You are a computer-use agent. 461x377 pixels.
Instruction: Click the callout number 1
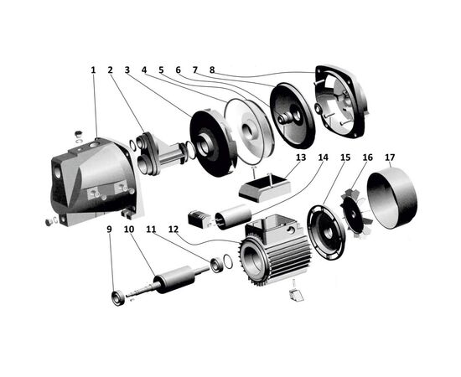pos(93,70)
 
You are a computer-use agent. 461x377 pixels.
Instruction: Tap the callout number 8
pos(212,70)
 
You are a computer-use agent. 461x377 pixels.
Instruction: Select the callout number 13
pos(300,158)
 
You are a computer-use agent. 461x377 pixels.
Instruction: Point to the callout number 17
pos(390,158)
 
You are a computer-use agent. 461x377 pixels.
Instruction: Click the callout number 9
pos(109,230)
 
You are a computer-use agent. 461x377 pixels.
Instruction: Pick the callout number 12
pos(174,230)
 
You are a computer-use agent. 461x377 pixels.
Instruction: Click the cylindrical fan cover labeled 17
pos(392,198)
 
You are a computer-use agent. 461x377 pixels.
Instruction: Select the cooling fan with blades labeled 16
pos(355,212)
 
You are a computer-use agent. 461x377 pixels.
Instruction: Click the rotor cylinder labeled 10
pos(174,279)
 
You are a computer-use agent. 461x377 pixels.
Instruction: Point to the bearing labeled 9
pos(118,298)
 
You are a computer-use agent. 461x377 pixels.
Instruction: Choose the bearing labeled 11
pos(216,265)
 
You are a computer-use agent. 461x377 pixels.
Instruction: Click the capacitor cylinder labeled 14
pos(233,217)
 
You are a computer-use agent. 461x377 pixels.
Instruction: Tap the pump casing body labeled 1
pos(94,181)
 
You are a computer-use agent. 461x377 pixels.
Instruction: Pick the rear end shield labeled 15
pos(326,233)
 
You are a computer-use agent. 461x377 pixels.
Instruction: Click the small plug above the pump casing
pos(78,135)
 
